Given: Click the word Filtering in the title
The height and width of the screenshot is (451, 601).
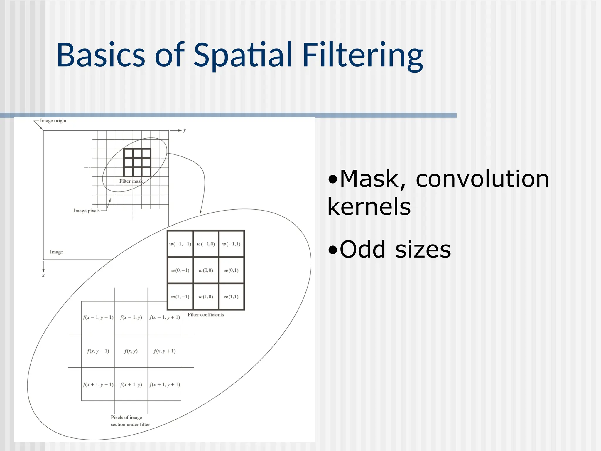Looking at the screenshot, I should point(362,55).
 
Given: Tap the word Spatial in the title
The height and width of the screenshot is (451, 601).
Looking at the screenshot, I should point(243,55).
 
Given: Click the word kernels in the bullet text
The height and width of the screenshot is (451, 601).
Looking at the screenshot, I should point(369,206).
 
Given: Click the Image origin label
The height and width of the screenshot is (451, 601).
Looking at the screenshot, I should point(53,121).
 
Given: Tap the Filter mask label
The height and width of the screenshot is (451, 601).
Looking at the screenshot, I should point(131,181).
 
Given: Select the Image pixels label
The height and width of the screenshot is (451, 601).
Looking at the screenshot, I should point(87,211).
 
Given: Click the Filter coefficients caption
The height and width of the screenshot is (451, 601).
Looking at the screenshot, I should point(206,315).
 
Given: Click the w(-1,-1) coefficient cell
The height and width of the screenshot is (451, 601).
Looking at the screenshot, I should point(180,244).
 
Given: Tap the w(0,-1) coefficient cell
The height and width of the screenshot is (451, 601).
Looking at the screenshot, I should point(180,270).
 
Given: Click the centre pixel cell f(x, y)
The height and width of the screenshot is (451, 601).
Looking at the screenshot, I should point(131,351).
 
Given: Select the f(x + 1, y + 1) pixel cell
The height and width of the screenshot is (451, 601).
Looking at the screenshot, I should point(165,384).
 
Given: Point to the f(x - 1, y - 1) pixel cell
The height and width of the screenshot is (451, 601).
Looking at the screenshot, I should point(98,317).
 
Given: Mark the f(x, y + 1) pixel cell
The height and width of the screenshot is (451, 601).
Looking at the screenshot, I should point(165,351).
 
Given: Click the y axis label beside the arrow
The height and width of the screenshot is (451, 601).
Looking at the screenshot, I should point(185,130).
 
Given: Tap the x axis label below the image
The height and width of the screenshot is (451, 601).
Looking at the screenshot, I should point(43,275).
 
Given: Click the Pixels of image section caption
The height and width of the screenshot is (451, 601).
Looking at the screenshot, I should point(130,421).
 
